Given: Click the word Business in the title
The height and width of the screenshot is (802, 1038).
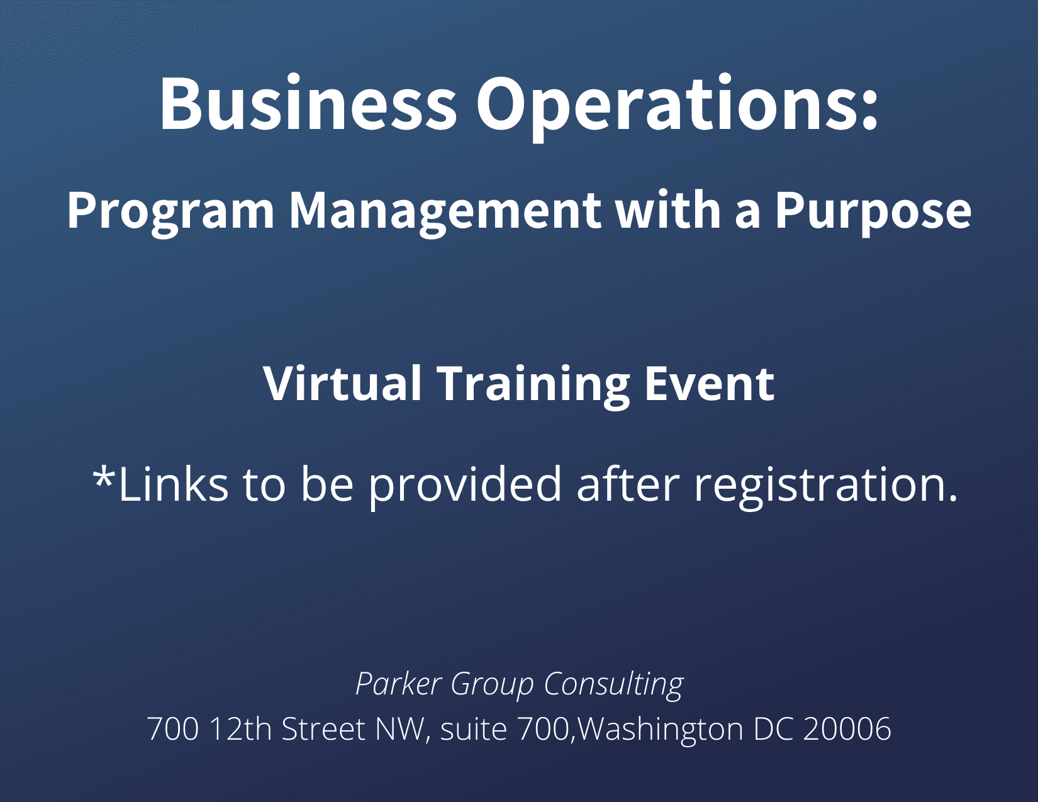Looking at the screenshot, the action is coord(309,103).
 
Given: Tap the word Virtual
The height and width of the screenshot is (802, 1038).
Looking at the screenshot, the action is coord(342,383).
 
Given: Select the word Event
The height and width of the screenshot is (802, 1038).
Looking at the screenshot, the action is coord(710,384).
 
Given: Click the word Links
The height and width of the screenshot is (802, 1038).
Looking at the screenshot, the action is coord(174,484).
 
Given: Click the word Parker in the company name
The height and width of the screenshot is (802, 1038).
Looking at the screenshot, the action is coord(398,684).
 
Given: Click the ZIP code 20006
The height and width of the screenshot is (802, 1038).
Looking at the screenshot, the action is coord(847,729).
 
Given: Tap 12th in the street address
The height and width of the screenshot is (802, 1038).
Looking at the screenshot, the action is coord(241,728).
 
